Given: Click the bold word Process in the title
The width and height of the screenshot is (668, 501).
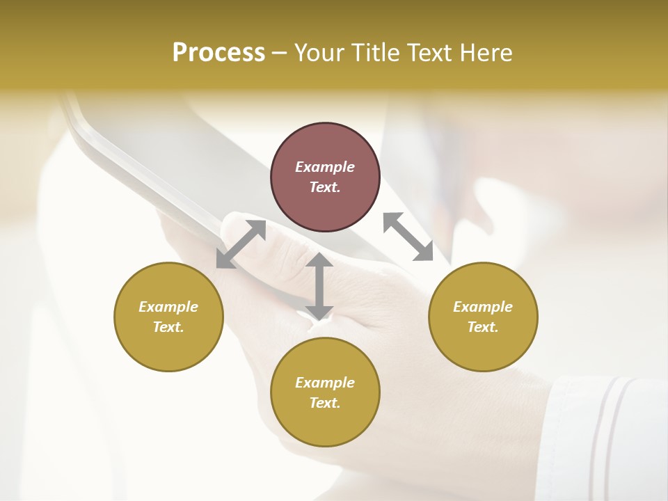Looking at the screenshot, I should tap(218, 53).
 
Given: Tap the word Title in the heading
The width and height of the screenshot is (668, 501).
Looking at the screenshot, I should tap(376, 53).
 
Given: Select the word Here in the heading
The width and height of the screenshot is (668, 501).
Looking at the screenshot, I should tap(486, 53).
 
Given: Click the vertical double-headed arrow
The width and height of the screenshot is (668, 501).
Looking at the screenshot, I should tap(319, 286).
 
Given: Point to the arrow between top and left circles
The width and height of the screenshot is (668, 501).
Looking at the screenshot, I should tap(241, 244).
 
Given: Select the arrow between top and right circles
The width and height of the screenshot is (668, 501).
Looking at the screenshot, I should tap(408, 237).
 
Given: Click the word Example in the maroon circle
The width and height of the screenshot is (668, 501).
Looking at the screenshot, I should tap(325, 167).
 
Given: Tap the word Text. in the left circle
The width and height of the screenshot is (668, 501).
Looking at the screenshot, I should tap(168, 327).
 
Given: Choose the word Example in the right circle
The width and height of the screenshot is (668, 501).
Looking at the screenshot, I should tap(483, 307).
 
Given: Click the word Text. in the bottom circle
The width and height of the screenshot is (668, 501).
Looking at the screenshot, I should tap(325, 403).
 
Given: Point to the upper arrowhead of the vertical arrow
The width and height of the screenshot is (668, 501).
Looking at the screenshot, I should tap(319, 260).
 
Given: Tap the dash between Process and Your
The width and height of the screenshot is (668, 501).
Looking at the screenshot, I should tap(280, 53).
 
